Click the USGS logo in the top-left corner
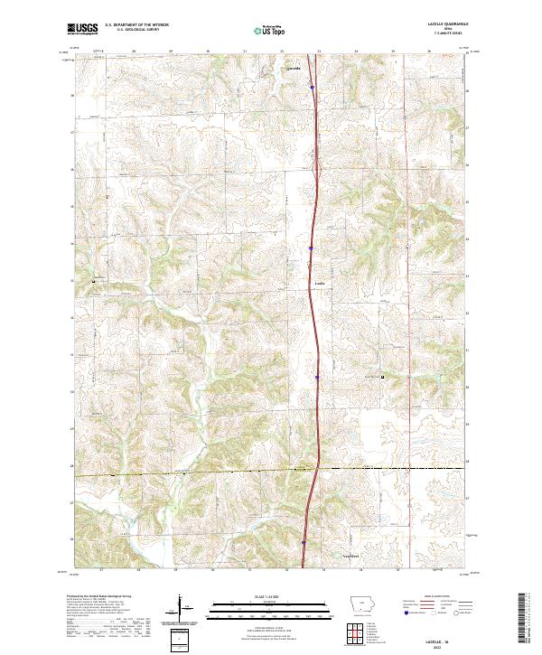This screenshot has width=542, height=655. (x=82, y=30)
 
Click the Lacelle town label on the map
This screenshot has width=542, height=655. (x=319, y=282)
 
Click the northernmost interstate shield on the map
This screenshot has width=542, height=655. (x=312, y=88)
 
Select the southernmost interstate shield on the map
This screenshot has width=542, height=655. (x=304, y=543)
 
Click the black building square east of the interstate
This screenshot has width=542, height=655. (x=382, y=376)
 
